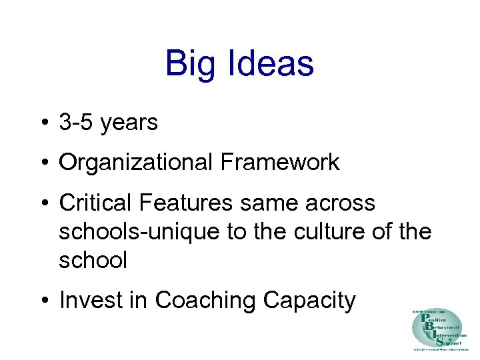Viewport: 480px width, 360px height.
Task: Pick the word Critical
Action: [96, 203]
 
